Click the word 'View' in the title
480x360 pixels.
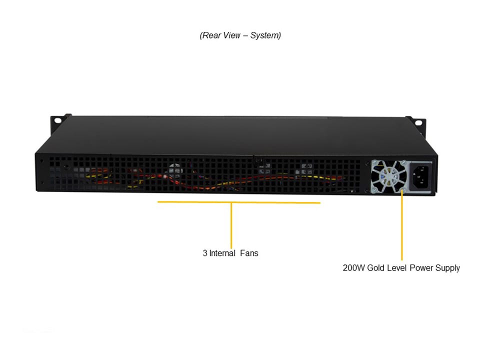pos(232,35)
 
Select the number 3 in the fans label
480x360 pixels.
pos(205,253)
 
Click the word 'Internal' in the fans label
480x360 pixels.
pos(222,253)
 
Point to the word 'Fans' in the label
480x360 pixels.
pos(249,253)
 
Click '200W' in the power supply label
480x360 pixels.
pos(353,268)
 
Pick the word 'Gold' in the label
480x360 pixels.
pos(376,268)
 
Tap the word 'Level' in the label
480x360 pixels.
pos(397,268)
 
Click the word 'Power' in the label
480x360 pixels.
pos(421,268)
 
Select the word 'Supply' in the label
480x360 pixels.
pos(447,268)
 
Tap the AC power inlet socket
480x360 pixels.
pos(419,175)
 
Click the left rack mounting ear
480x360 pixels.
pos(58,120)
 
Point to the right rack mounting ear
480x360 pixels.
pos(416,121)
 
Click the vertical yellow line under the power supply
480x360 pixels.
pos(401,225)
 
